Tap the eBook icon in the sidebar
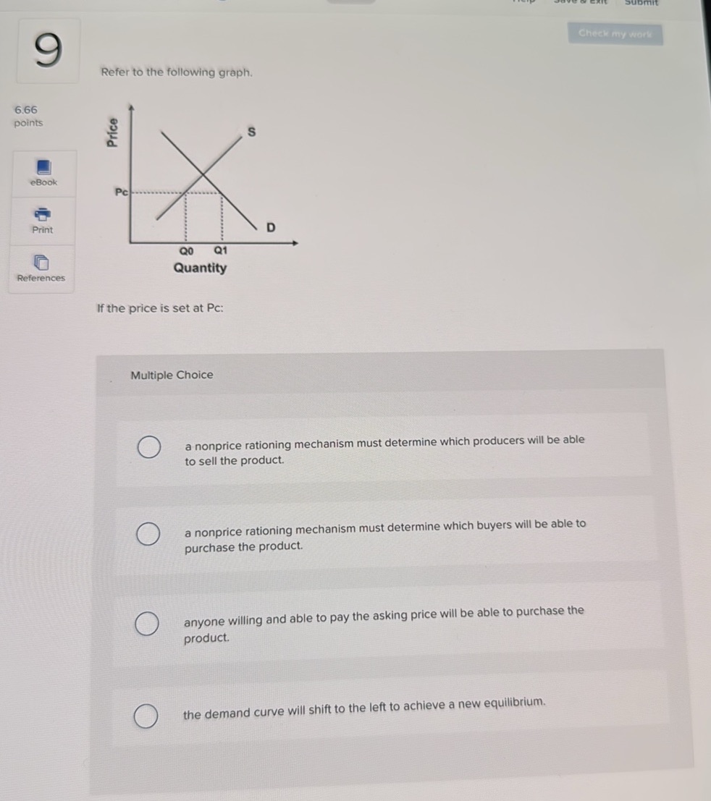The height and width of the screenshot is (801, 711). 43,168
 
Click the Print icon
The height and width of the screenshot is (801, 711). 43,214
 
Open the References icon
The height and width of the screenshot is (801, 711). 42,261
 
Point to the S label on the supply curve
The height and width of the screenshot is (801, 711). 251,132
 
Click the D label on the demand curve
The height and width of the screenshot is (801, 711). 270,228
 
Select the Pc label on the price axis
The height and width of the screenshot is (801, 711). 121,192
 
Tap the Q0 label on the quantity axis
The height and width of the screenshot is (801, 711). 187,250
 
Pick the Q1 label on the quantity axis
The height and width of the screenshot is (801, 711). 221,250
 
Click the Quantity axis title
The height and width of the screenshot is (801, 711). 200,268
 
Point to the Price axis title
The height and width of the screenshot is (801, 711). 112,132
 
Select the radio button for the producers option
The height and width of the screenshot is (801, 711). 148,448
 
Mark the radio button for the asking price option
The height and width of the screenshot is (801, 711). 147,623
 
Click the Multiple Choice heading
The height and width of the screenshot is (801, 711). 172,375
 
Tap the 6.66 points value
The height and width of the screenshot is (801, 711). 25,110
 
